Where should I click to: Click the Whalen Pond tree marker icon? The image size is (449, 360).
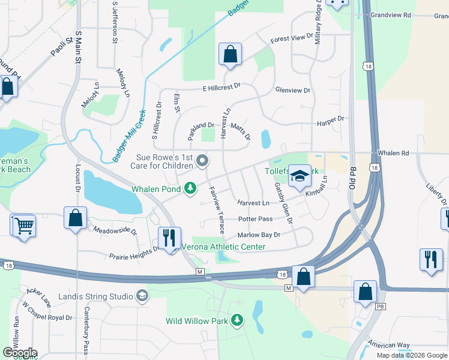click(190, 189)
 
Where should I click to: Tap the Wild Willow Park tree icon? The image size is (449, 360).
click(237, 321)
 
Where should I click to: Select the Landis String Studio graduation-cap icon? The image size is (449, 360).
click(142, 296)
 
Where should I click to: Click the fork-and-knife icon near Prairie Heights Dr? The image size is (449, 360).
click(169, 238)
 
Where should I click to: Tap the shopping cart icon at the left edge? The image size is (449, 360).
click(25, 226)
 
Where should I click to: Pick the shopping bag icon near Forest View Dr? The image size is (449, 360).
click(230, 55)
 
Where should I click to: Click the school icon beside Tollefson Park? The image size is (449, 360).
click(300, 175)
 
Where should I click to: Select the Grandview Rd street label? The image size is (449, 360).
click(391, 15)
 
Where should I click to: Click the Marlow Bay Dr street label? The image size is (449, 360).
click(259, 235)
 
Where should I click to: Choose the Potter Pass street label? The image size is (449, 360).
click(255, 220)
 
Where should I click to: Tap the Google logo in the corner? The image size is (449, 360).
click(20, 353)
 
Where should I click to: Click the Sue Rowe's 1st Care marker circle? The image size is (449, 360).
click(202, 160)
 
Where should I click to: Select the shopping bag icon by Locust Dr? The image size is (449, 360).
click(76, 217)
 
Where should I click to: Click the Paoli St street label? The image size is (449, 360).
click(61, 47)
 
